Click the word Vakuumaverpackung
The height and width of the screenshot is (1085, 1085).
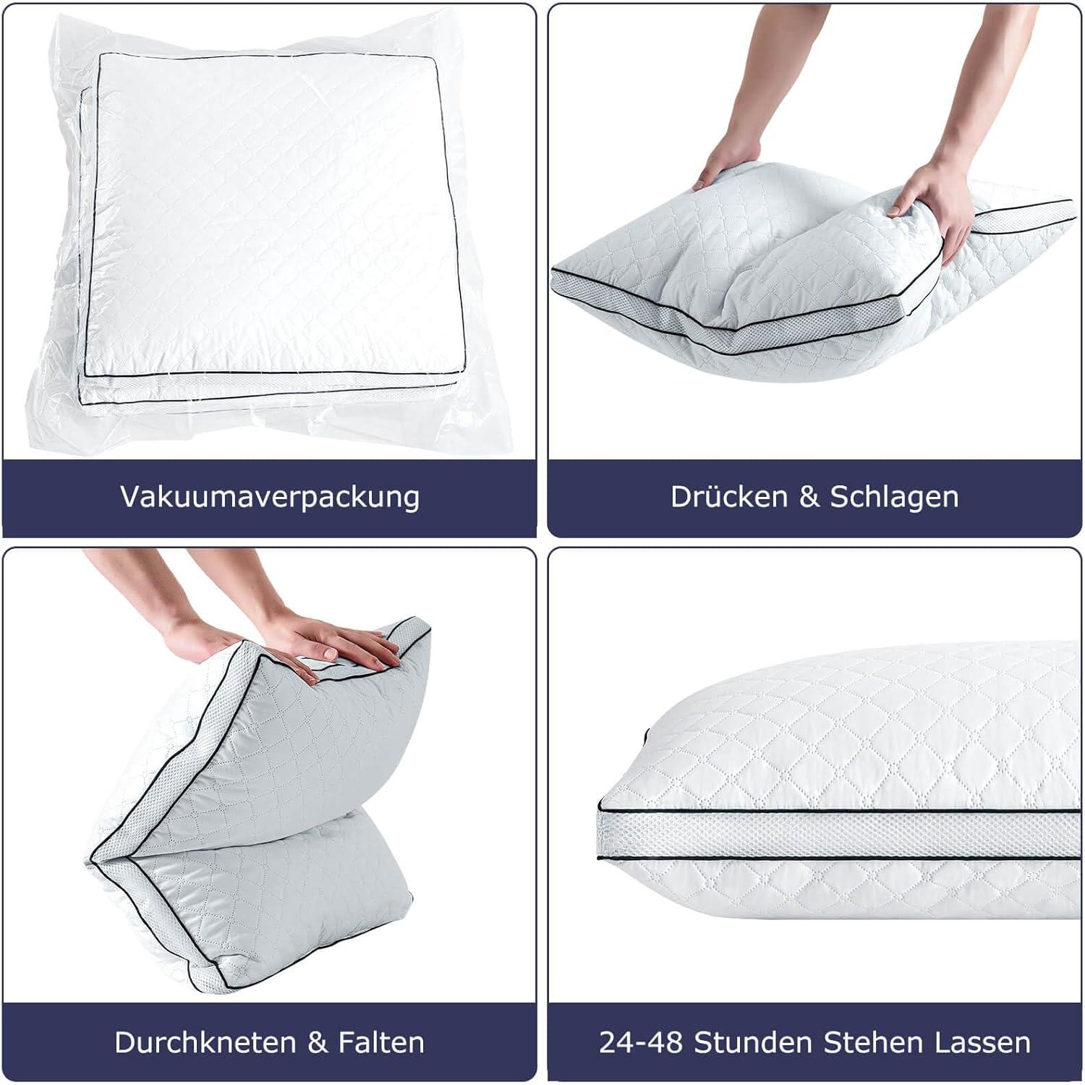pyautogui.click(x=270, y=498)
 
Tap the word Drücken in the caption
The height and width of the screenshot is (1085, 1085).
pyautogui.click(x=729, y=496)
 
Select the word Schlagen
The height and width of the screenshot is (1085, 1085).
pyautogui.click(x=894, y=498)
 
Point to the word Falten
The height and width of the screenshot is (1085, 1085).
pyautogui.click(x=381, y=1042)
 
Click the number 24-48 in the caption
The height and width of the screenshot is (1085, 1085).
pyautogui.click(x=641, y=1042)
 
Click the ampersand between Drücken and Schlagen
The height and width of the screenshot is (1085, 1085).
pyautogui.click(x=809, y=497)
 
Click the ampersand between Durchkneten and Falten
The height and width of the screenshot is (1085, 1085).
pyautogui.click(x=318, y=1042)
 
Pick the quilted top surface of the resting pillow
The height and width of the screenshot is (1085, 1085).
pyautogui.click(x=854, y=731)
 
